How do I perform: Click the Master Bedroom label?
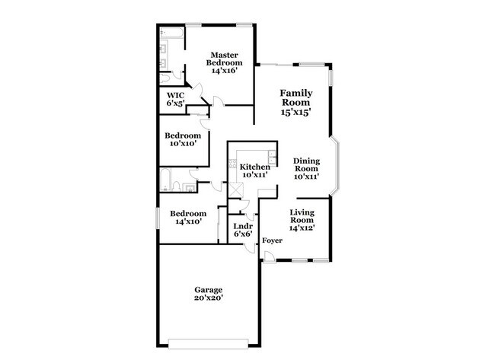(225, 60)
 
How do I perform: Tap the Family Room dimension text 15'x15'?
(295, 111)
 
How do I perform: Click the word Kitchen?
(254, 167)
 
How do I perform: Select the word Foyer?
(273, 241)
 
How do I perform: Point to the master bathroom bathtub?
(171, 33)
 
